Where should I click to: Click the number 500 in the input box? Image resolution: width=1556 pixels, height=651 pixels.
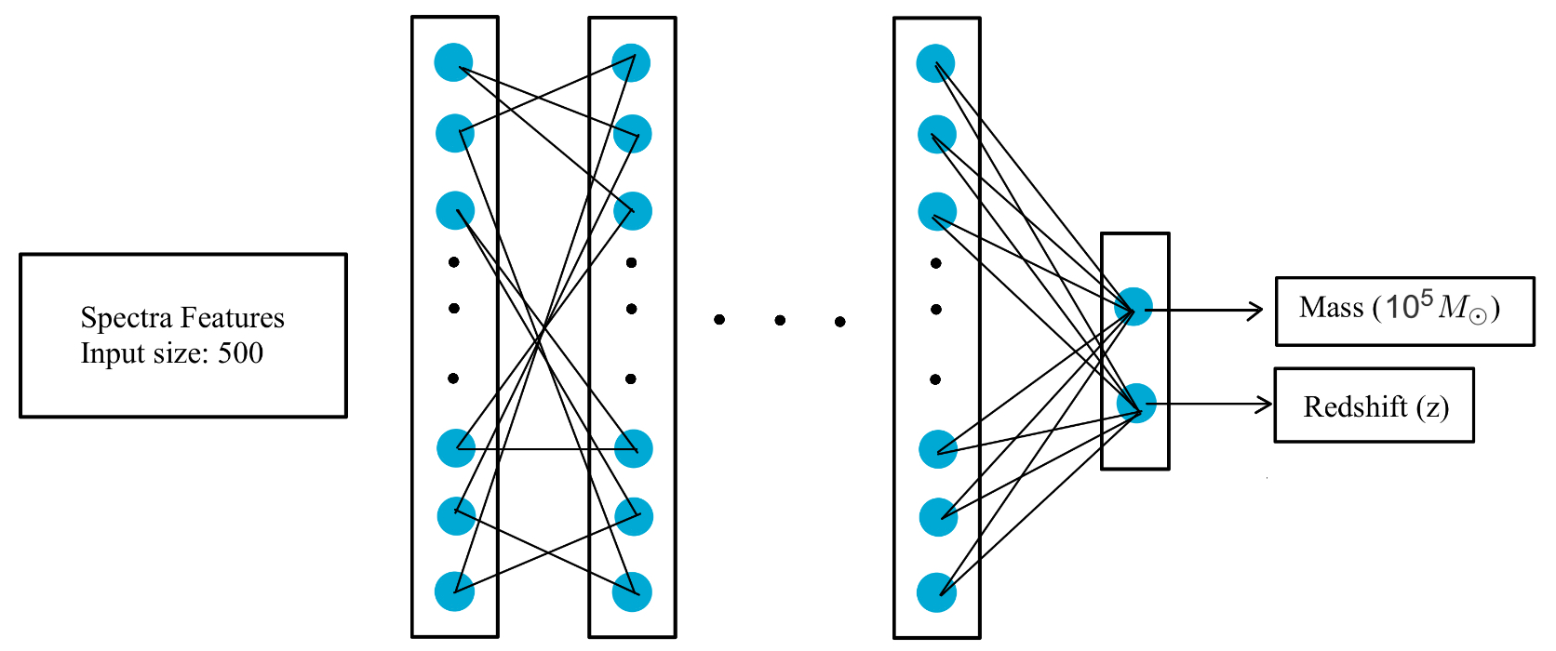pyautogui.click(x=240, y=353)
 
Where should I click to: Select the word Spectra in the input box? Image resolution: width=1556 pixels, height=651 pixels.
pyautogui.click(x=126, y=318)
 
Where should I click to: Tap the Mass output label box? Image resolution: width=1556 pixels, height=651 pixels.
pyautogui.click(x=1403, y=311)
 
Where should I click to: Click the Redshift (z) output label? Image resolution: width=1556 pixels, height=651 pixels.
pyautogui.click(x=1375, y=406)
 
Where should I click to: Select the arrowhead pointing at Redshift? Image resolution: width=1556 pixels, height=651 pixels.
pyautogui.click(x=1266, y=404)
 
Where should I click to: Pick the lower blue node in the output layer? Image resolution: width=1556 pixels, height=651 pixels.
pyautogui.click(x=1136, y=404)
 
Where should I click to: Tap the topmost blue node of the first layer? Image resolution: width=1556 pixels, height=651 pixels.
pyautogui.click(x=453, y=62)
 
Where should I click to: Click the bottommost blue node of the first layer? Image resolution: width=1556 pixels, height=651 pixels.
pyautogui.click(x=454, y=591)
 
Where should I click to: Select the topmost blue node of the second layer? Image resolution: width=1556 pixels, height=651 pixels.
pyautogui.click(x=631, y=62)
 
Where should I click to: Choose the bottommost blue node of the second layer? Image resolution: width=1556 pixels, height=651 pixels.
pyautogui.click(x=632, y=592)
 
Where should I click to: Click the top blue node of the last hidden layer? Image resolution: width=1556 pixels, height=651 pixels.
pyautogui.click(x=935, y=63)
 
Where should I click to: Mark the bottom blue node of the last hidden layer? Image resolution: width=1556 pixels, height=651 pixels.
pyautogui.click(x=936, y=593)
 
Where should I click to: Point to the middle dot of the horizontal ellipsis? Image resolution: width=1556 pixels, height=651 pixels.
pyautogui.click(x=780, y=321)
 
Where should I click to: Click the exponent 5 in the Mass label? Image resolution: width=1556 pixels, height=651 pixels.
pyautogui.click(x=1426, y=298)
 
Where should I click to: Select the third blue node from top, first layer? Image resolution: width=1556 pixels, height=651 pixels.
pyautogui.click(x=455, y=210)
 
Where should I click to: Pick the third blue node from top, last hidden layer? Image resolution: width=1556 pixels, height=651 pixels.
pyautogui.click(x=937, y=211)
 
